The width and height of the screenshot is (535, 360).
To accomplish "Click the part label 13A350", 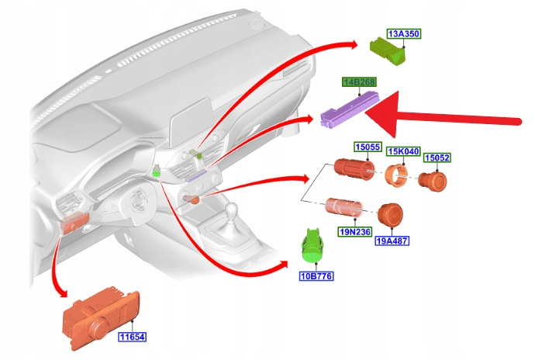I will [403, 34].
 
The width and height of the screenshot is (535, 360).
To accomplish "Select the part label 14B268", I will [359, 81].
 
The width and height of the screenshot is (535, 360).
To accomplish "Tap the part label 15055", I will [368, 146].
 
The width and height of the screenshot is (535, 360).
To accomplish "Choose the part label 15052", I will [437, 157].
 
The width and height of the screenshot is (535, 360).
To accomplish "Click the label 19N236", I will [356, 230].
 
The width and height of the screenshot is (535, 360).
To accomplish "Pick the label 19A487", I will [392, 241].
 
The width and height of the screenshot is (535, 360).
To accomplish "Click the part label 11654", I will [132, 337].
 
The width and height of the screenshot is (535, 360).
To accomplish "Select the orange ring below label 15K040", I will [398, 176].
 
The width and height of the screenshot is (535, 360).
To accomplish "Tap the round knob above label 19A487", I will [389, 216].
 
